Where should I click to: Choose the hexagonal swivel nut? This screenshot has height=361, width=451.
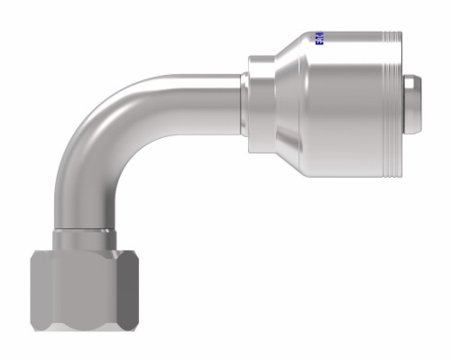[83, 289]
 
